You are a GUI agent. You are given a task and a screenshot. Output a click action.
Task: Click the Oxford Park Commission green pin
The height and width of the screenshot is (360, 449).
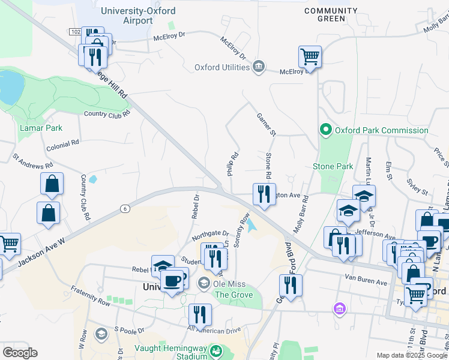(x=325, y=130)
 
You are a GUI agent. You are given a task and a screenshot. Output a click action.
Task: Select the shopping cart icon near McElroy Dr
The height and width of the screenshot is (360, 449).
(x=310, y=58)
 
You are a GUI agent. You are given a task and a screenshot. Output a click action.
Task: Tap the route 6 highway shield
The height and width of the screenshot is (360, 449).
(x=124, y=208)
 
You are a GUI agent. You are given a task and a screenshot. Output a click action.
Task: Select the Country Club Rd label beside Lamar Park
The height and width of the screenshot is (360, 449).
(x=107, y=114)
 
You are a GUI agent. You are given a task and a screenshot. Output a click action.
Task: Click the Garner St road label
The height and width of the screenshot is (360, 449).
(x=265, y=124)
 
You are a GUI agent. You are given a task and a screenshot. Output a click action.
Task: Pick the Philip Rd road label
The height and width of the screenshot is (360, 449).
(x=231, y=164)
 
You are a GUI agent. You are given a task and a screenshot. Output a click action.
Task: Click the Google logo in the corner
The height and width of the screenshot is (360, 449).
(x=20, y=353)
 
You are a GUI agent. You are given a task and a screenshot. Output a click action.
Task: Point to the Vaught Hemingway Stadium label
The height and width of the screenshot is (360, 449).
(x=170, y=352)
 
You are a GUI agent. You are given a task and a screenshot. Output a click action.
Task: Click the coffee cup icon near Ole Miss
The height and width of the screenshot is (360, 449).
(x=172, y=281)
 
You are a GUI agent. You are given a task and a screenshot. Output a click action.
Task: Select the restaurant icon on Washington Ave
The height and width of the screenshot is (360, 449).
(x=263, y=193)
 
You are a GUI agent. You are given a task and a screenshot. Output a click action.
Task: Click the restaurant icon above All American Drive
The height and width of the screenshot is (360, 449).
(x=200, y=314)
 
